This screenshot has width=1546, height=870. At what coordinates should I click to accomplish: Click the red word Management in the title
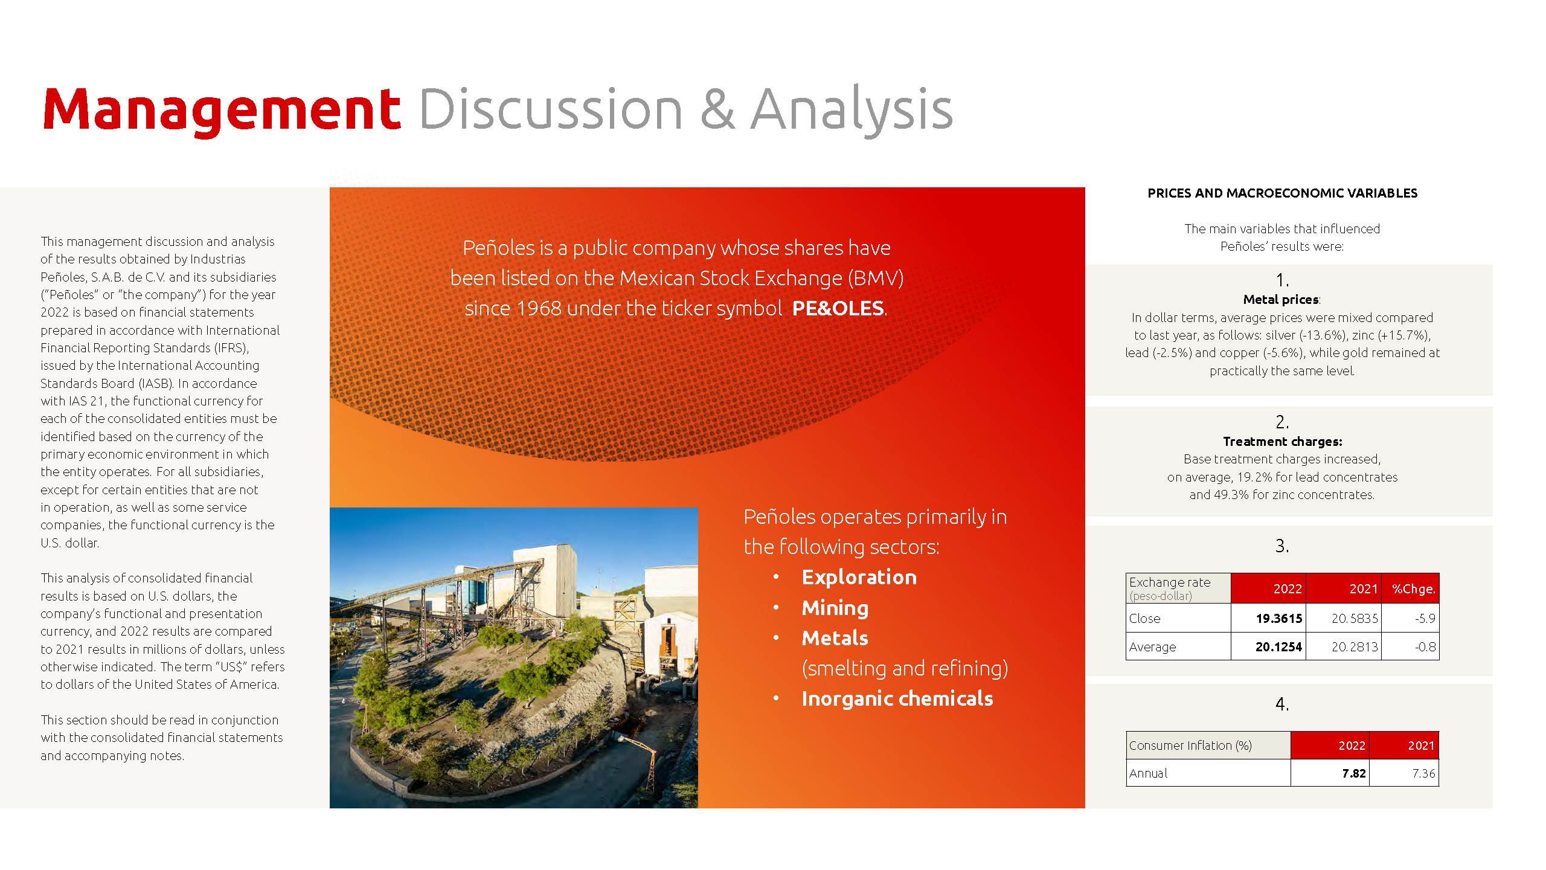[222, 110]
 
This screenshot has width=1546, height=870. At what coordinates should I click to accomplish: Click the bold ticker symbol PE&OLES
[838, 308]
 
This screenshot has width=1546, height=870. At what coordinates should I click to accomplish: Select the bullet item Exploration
[859, 578]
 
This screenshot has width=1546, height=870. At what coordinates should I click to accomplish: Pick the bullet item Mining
[835, 608]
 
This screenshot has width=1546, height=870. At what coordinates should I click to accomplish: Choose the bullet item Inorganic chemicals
[897, 699]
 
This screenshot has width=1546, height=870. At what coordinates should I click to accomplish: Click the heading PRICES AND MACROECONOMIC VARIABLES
[1282, 193]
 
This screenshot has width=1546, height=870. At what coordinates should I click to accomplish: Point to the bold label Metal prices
[1281, 300]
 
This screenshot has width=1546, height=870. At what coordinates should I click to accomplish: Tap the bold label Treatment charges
[1282, 442]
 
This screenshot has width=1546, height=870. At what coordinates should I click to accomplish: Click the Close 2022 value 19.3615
[1279, 619]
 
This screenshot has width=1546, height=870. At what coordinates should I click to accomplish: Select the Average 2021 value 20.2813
[1355, 647]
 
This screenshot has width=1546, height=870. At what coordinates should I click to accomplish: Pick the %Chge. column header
[1413, 589]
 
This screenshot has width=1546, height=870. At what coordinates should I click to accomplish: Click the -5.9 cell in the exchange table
[1425, 619]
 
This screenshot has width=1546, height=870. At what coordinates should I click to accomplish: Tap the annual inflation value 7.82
[1354, 773]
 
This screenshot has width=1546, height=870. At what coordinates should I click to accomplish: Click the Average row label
[1152, 647]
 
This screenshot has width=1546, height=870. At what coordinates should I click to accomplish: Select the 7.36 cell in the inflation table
[1423, 773]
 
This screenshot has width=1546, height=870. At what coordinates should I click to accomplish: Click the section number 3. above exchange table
[1281, 546]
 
